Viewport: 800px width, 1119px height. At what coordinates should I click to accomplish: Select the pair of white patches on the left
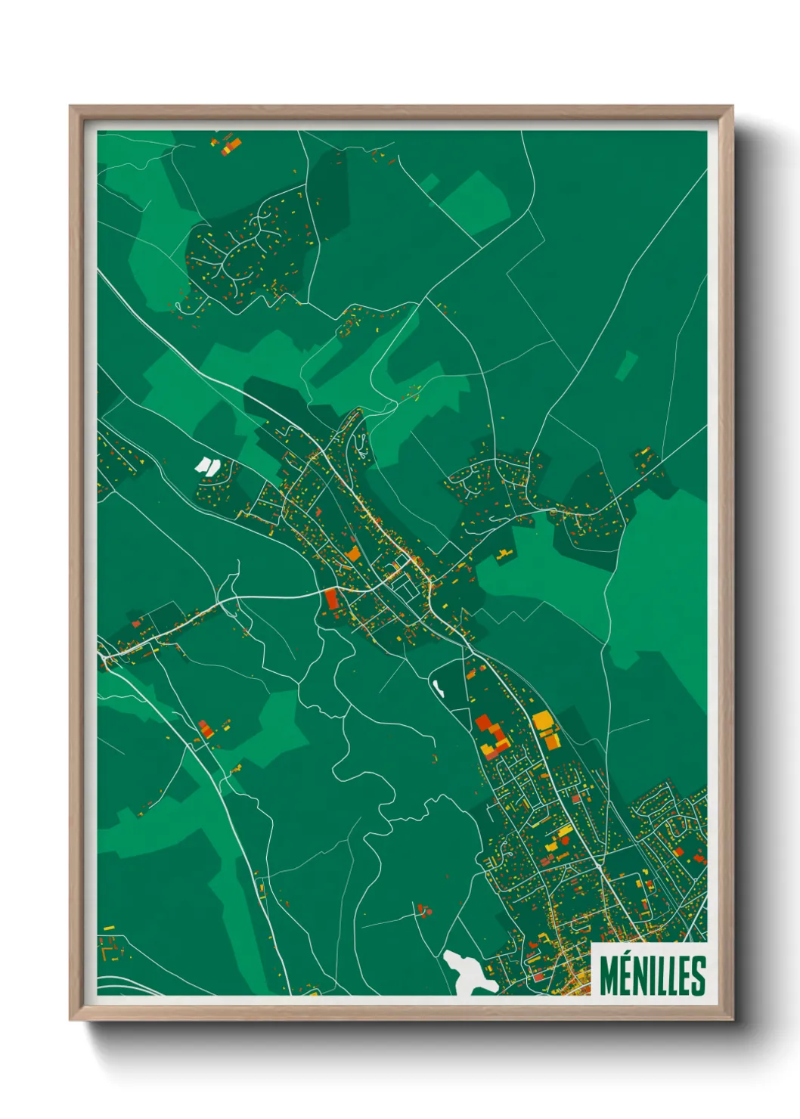tap(206, 465)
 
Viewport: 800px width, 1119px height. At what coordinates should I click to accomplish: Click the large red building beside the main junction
tap(331, 599)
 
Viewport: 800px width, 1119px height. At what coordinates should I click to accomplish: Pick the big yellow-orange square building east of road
tap(543, 721)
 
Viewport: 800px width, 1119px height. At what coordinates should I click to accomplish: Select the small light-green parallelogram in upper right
tap(626, 365)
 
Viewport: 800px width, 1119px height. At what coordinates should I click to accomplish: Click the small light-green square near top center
tap(430, 181)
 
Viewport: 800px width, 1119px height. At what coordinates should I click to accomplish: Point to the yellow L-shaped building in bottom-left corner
tap(108, 928)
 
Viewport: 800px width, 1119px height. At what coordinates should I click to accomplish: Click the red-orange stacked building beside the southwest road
tap(204, 730)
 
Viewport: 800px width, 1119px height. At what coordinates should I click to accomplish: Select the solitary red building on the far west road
tap(137, 624)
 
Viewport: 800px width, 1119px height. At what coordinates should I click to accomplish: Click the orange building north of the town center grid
tap(353, 553)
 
